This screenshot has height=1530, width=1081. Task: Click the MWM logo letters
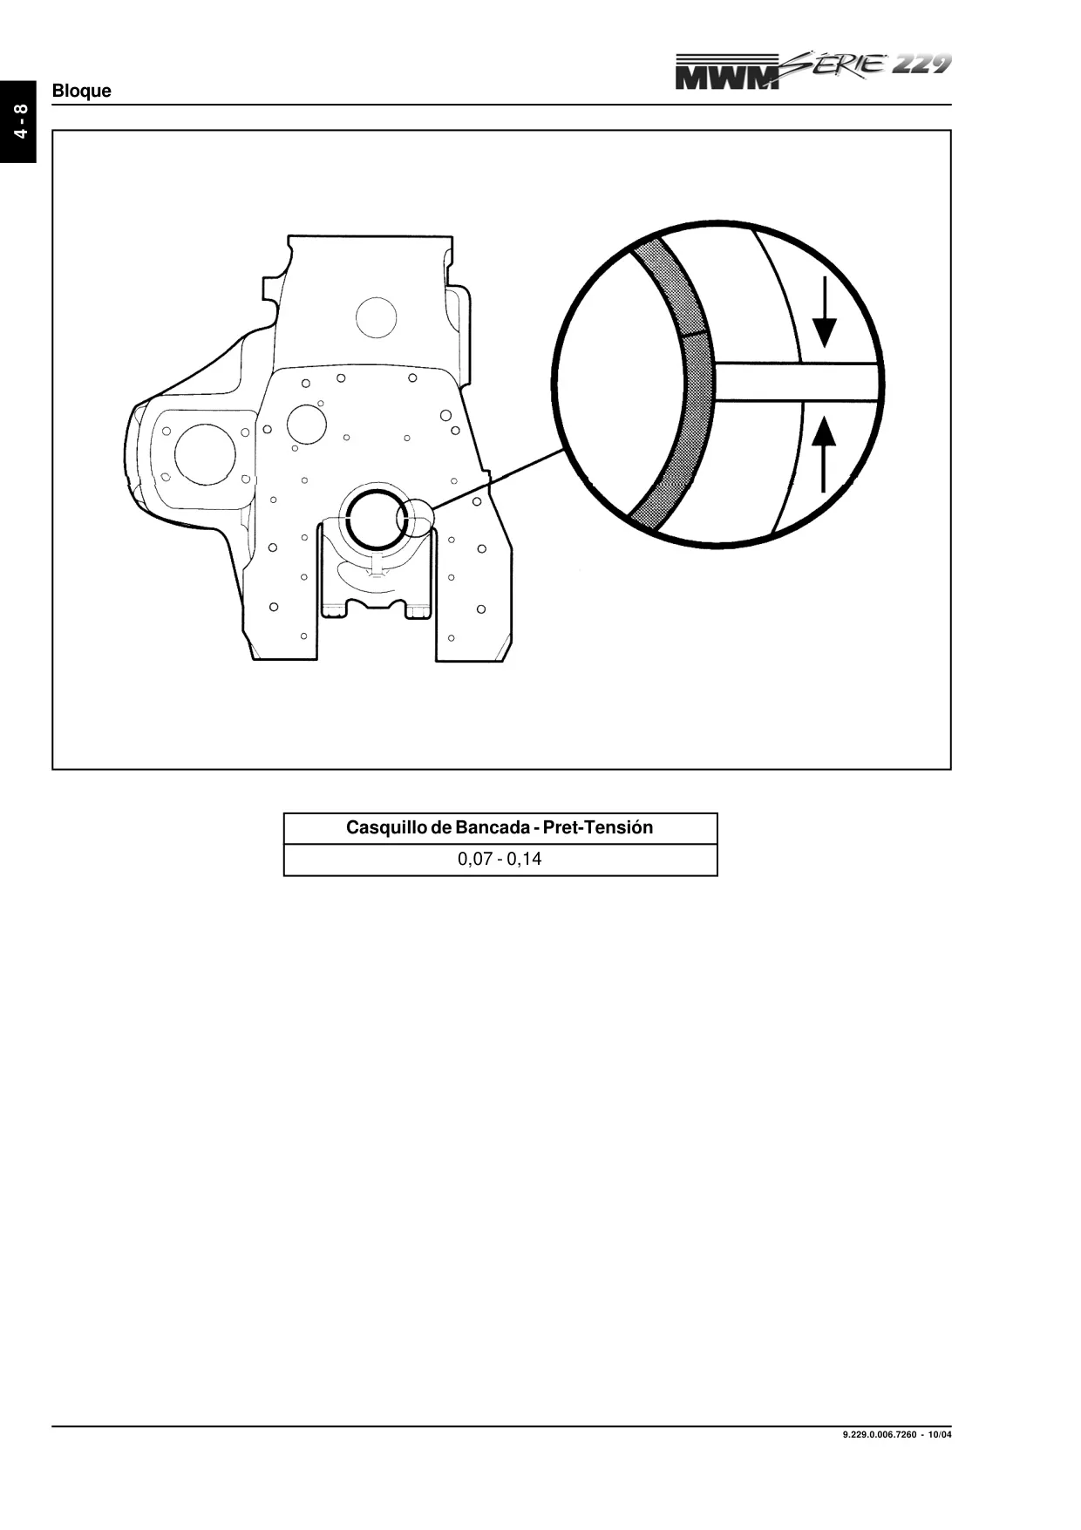[x=727, y=73]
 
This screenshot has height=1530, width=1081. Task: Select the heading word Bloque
[x=82, y=91]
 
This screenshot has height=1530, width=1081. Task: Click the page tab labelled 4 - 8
[x=18, y=121]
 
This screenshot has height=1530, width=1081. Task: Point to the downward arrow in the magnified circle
[x=824, y=312]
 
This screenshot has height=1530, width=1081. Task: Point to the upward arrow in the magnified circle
[x=824, y=454]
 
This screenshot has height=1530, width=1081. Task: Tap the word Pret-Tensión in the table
[x=598, y=827]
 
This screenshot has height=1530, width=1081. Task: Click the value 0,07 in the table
[x=475, y=860]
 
